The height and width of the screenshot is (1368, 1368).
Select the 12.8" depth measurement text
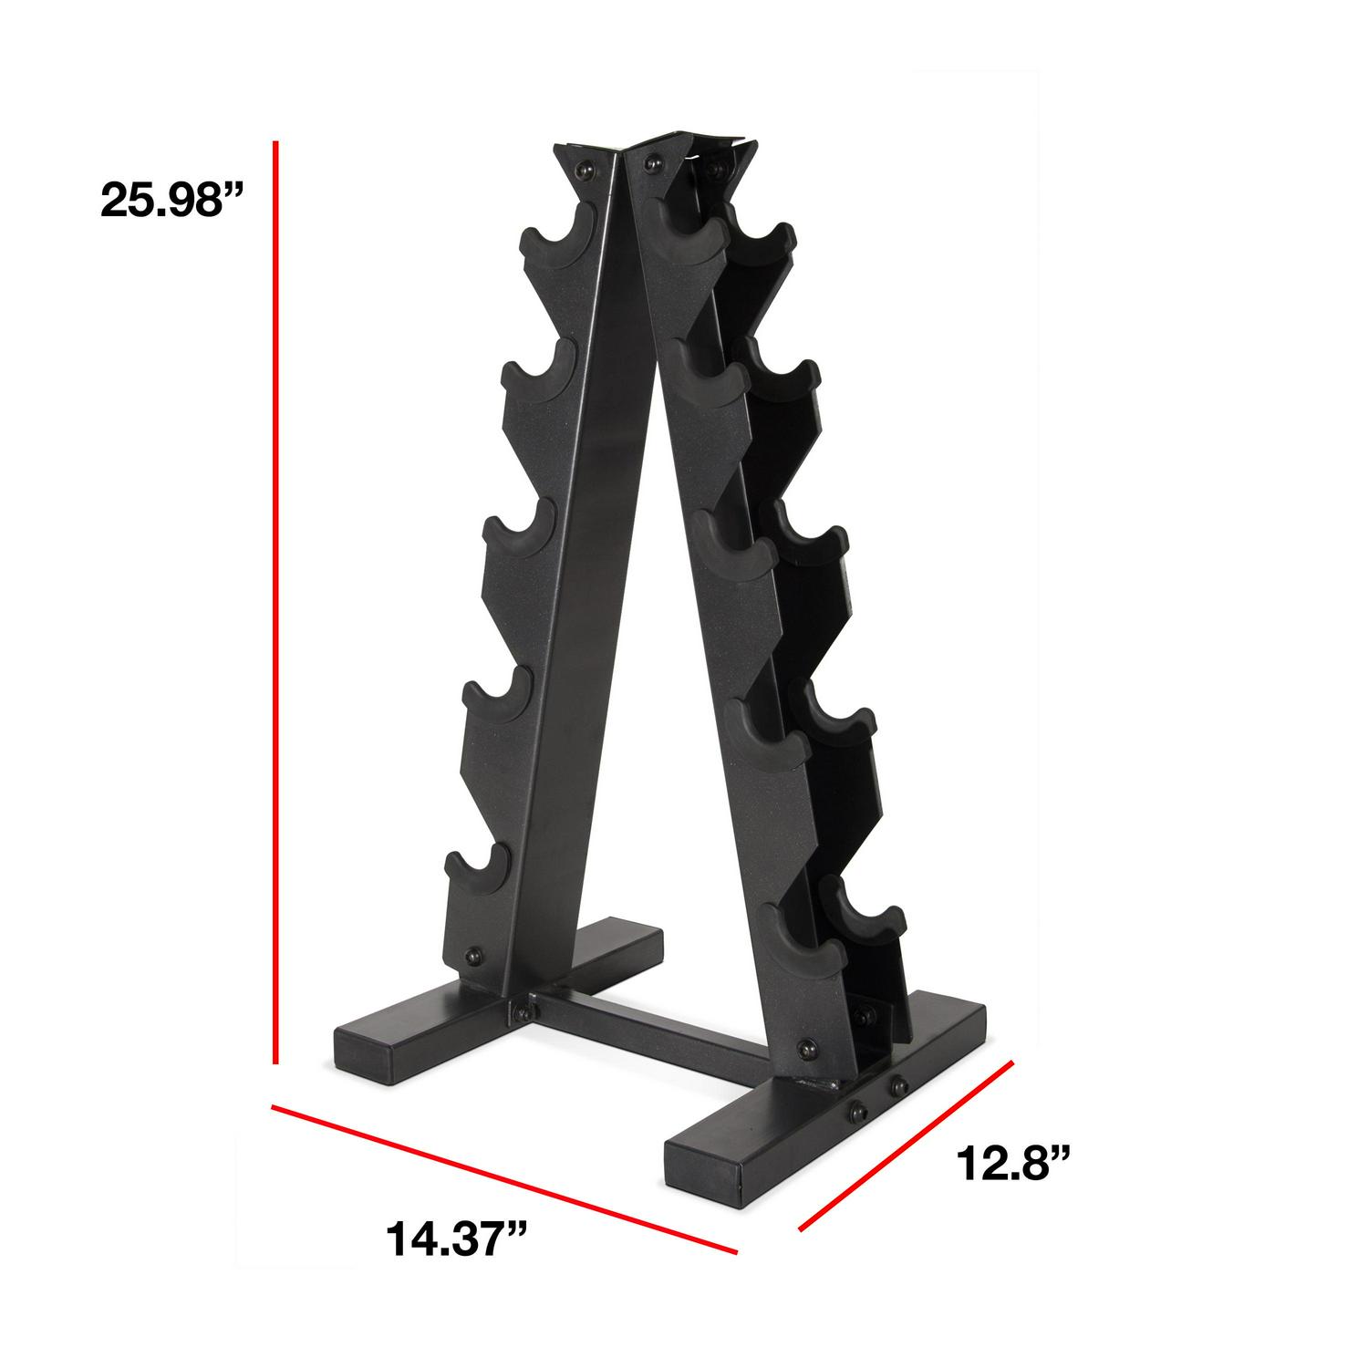pyautogui.click(x=1012, y=1164)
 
